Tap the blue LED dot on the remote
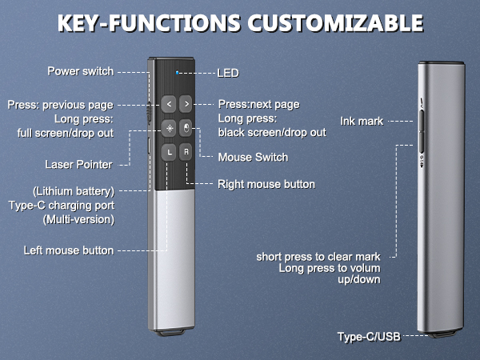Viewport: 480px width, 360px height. point(177,73)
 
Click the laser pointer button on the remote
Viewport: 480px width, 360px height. point(169,127)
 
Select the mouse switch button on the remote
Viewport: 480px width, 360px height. point(186,127)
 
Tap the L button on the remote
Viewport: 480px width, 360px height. point(169,151)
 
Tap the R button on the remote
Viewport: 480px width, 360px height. point(186,151)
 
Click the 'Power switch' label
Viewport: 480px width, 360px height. point(80,71)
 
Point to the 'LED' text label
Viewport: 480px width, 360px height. point(228,73)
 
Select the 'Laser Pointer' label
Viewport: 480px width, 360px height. point(78,165)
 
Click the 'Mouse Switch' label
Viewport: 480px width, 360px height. point(252,157)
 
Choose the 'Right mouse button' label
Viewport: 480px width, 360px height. point(266,184)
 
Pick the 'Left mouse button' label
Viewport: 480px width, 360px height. point(69,250)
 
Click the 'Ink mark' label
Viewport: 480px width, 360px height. point(362,121)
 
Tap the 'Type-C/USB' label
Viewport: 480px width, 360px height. point(367,338)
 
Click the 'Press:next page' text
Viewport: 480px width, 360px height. point(258,104)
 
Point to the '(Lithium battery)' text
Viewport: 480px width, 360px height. point(74,191)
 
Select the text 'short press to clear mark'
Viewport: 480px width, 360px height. point(318,257)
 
